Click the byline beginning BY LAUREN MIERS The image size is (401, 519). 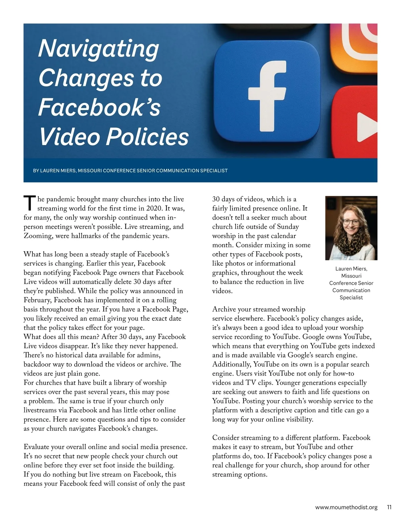[130, 170]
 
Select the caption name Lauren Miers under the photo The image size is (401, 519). [351, 269]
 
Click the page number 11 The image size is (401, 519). [389, 507]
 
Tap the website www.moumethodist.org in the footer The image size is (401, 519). [346, 507]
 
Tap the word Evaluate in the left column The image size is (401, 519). [38, 447]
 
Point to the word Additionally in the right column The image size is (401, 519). [231, 364]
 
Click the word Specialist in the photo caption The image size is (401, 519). [351, 297]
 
